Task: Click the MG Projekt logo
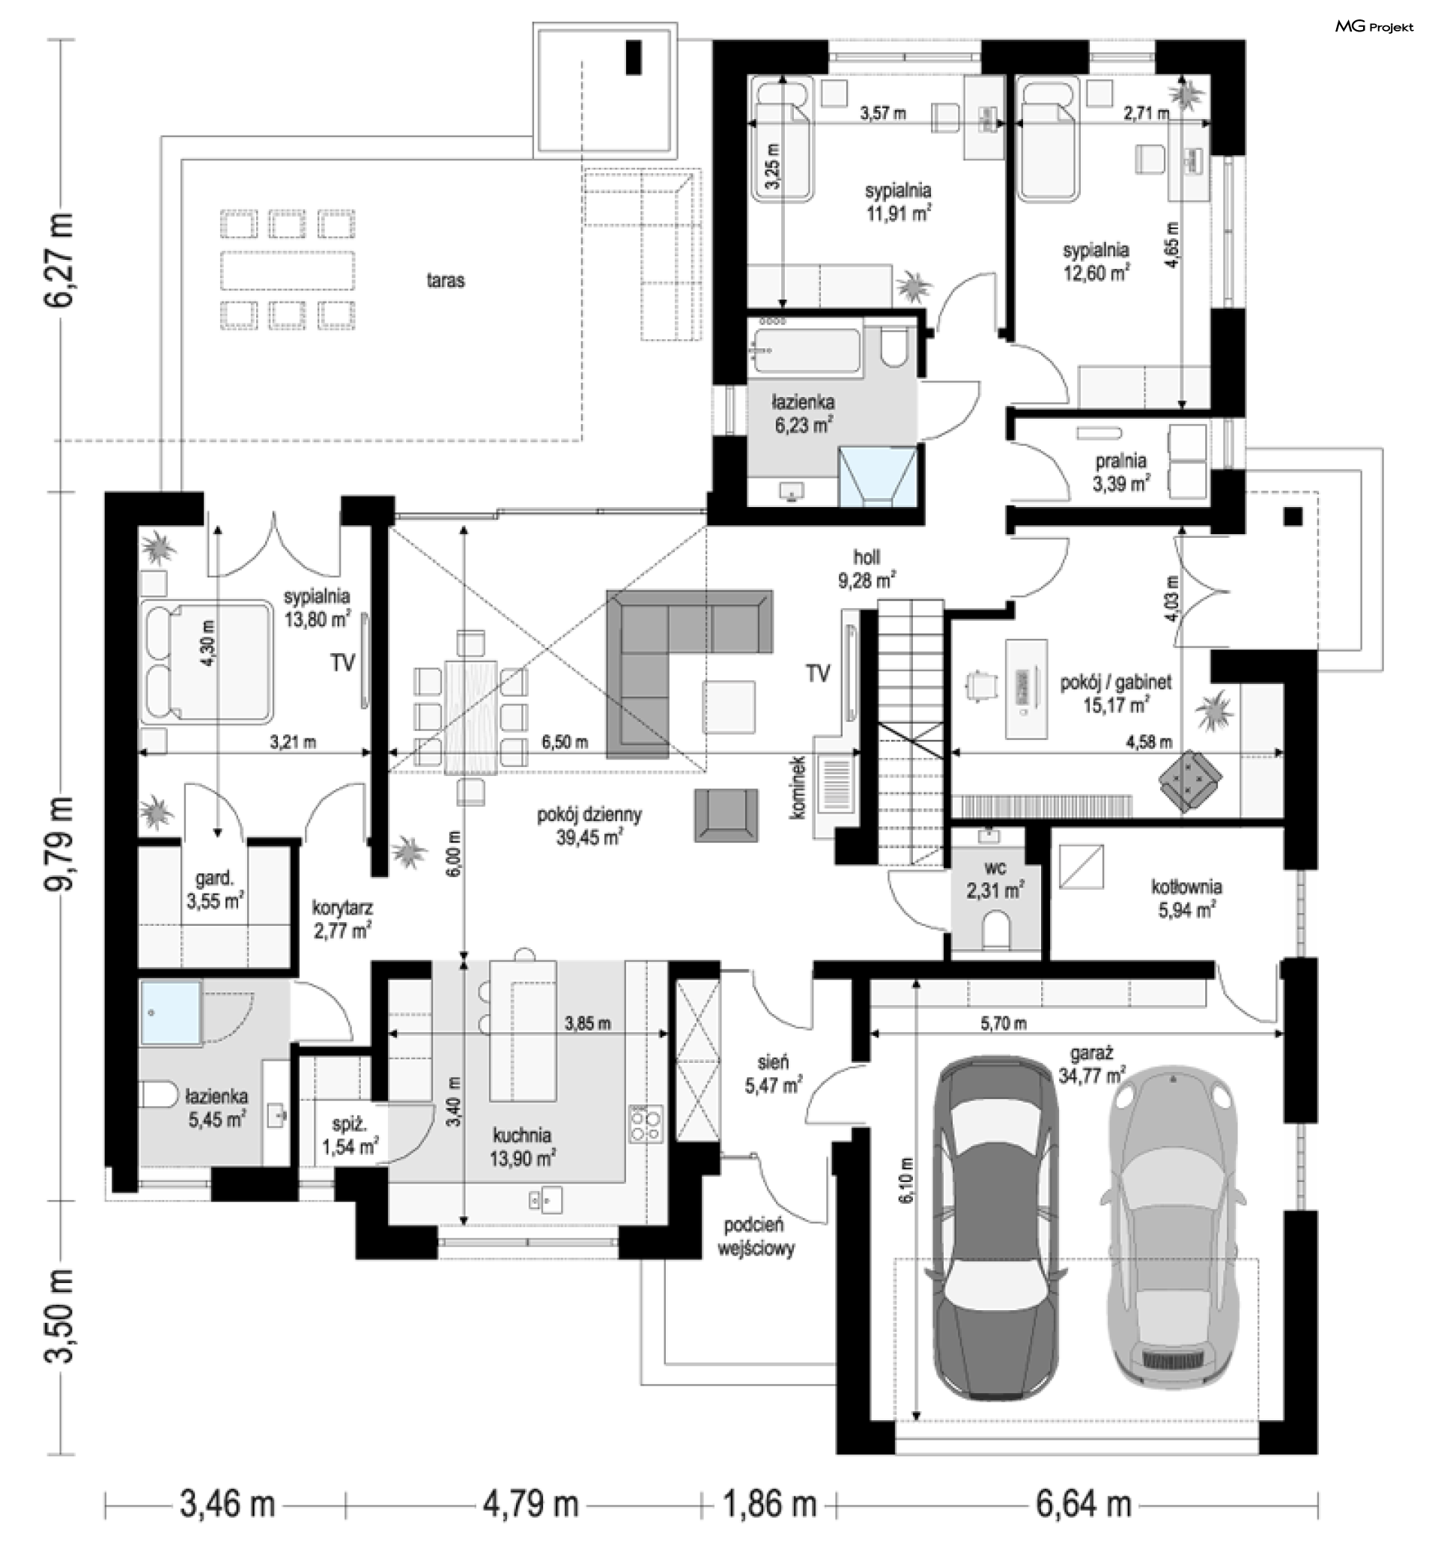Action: (1374, 27)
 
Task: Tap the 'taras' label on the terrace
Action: (445, 280)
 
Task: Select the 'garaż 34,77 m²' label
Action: (1092, 1064)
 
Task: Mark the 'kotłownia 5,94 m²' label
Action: (1186, 898)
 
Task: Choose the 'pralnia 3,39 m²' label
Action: (1120, 473)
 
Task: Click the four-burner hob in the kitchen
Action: (646, 1124)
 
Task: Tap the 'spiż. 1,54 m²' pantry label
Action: (351, 1136)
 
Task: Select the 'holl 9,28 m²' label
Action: (866, 569)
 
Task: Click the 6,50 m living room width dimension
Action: (564, 742)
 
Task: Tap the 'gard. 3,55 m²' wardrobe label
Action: (215, 889)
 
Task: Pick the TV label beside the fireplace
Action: (818, 673)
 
